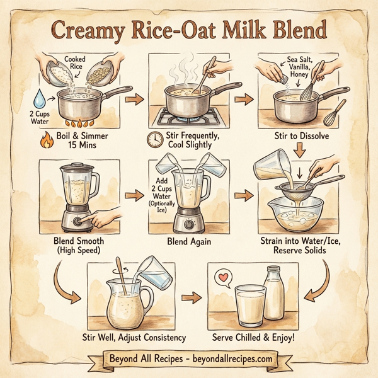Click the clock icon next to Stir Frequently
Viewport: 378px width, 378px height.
click(154, 139)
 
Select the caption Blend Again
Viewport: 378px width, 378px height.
click(188, 241)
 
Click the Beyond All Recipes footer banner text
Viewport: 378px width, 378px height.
click(188, 359)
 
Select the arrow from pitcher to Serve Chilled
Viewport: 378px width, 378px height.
click(190, 295)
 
